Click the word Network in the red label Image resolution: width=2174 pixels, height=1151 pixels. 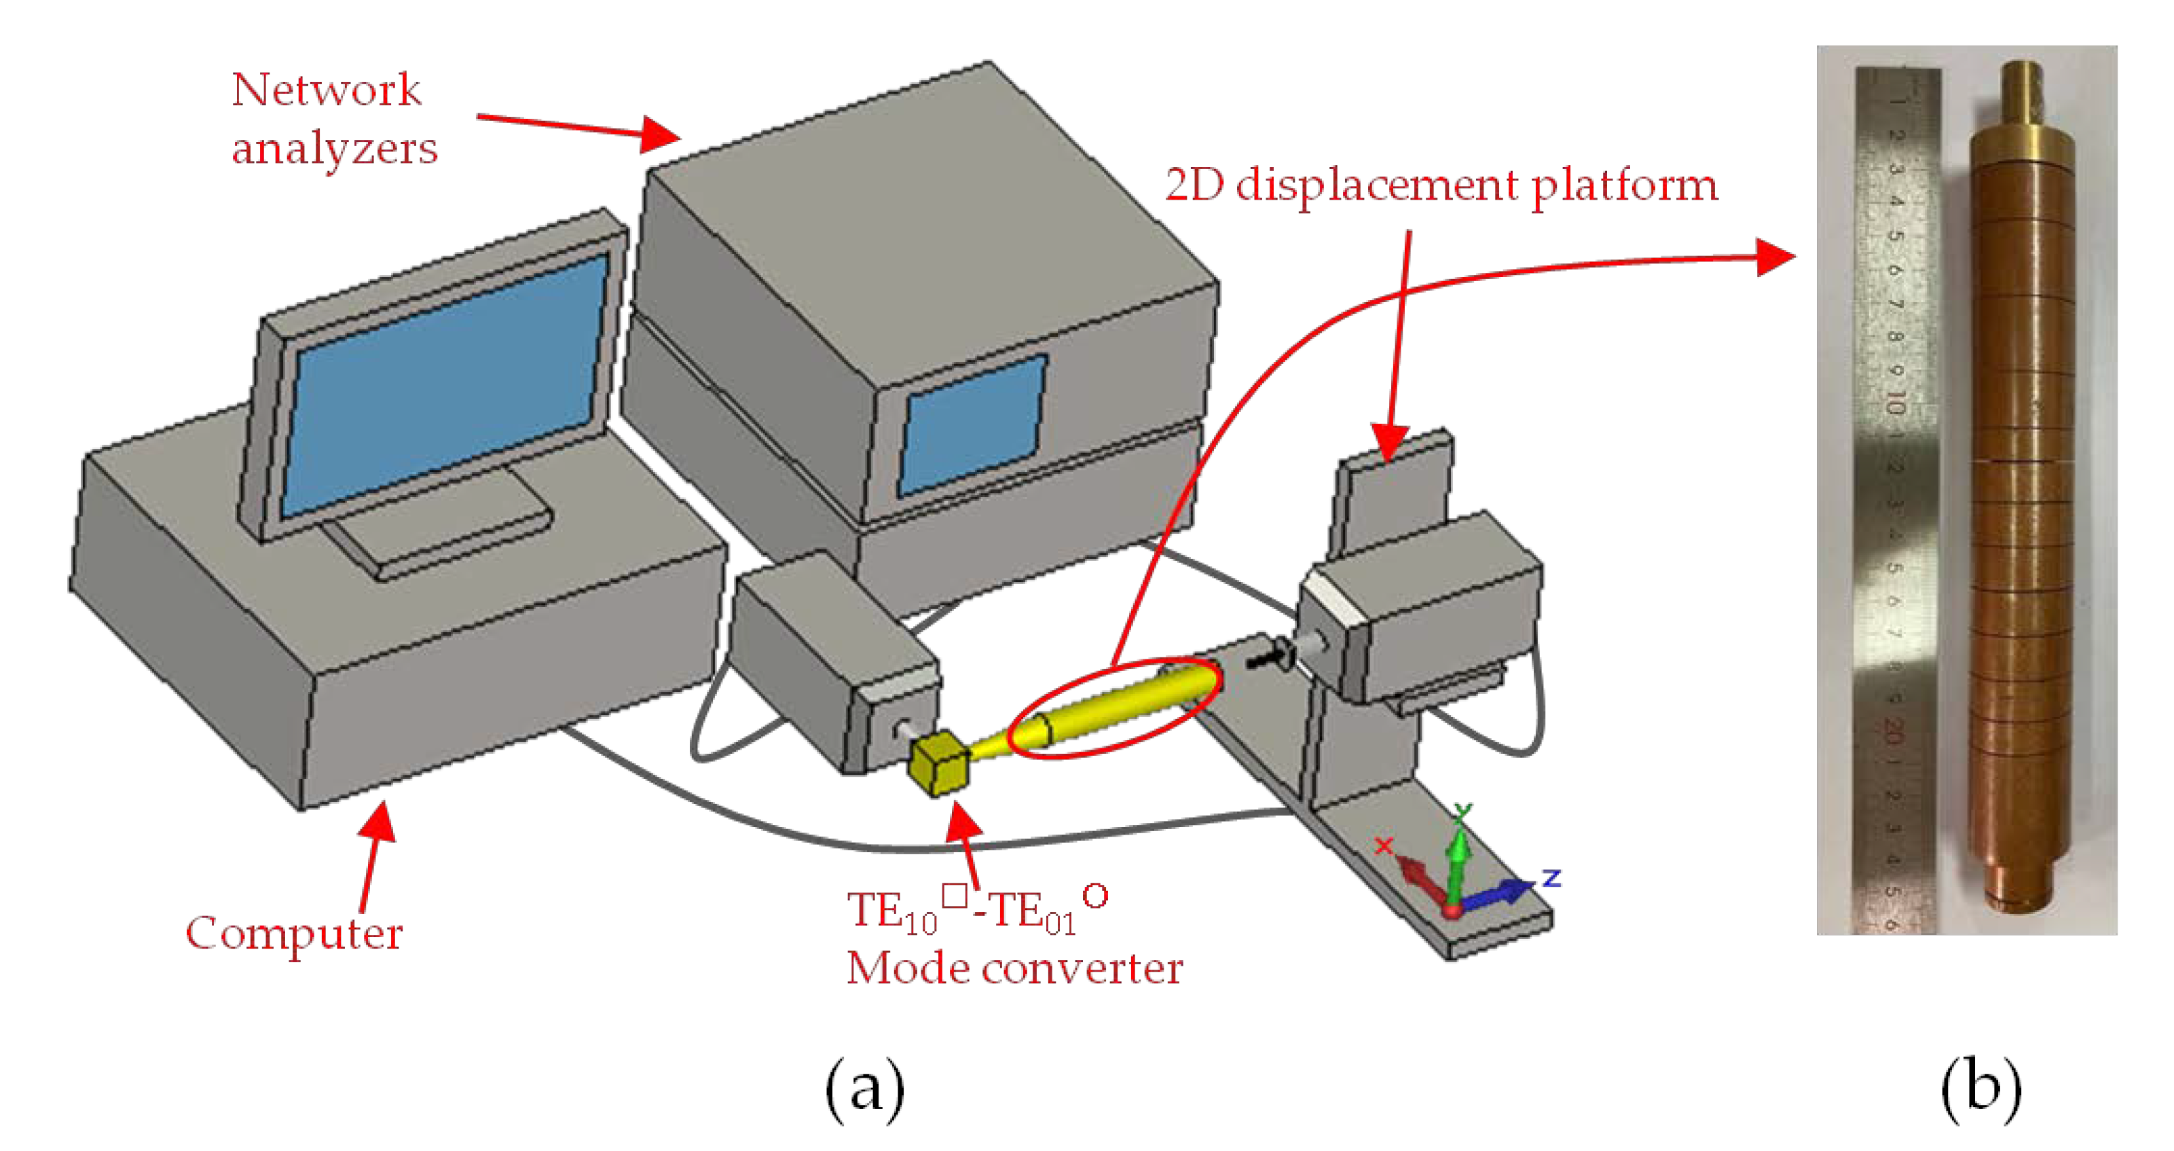(326, 90)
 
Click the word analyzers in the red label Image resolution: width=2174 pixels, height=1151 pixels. (334, 149)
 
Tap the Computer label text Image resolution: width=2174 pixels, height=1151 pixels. (294, 933)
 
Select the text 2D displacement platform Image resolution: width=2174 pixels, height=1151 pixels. (1441, 185)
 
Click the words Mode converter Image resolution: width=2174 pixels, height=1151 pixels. (1014, 968)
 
